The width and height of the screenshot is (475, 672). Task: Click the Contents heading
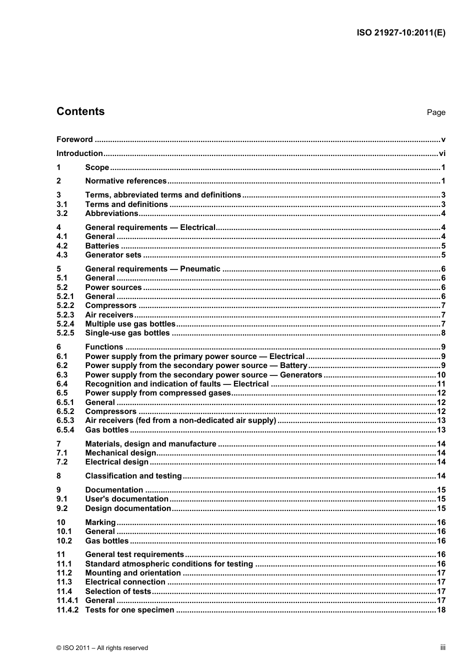[80, 111]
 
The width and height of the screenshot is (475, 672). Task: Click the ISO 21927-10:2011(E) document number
[400, 33]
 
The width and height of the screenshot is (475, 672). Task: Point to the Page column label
[435, 112]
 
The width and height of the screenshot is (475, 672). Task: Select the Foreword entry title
[74, 139]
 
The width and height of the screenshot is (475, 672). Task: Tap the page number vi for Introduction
[441, 153]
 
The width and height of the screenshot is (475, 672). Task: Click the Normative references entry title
[125, 181]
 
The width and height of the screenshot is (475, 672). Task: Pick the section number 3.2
[62, 213]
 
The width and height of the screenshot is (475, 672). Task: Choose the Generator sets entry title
[113, 255]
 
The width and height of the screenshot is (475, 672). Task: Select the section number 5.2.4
[65, 324]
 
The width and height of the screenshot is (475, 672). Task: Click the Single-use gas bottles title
[127, 333]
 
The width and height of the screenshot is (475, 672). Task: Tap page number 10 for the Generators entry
[441, 375]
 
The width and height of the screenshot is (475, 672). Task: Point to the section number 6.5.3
[65, 420]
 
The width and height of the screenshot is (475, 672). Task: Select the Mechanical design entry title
[120, 453]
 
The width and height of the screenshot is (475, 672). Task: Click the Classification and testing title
[133, 476]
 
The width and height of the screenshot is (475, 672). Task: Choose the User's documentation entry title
[126, 499]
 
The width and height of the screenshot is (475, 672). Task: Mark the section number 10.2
[64, 541]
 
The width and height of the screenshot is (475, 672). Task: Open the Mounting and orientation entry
[133, 573]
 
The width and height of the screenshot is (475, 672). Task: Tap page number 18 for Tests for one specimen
[441, 610]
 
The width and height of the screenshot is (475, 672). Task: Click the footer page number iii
[442, 647]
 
